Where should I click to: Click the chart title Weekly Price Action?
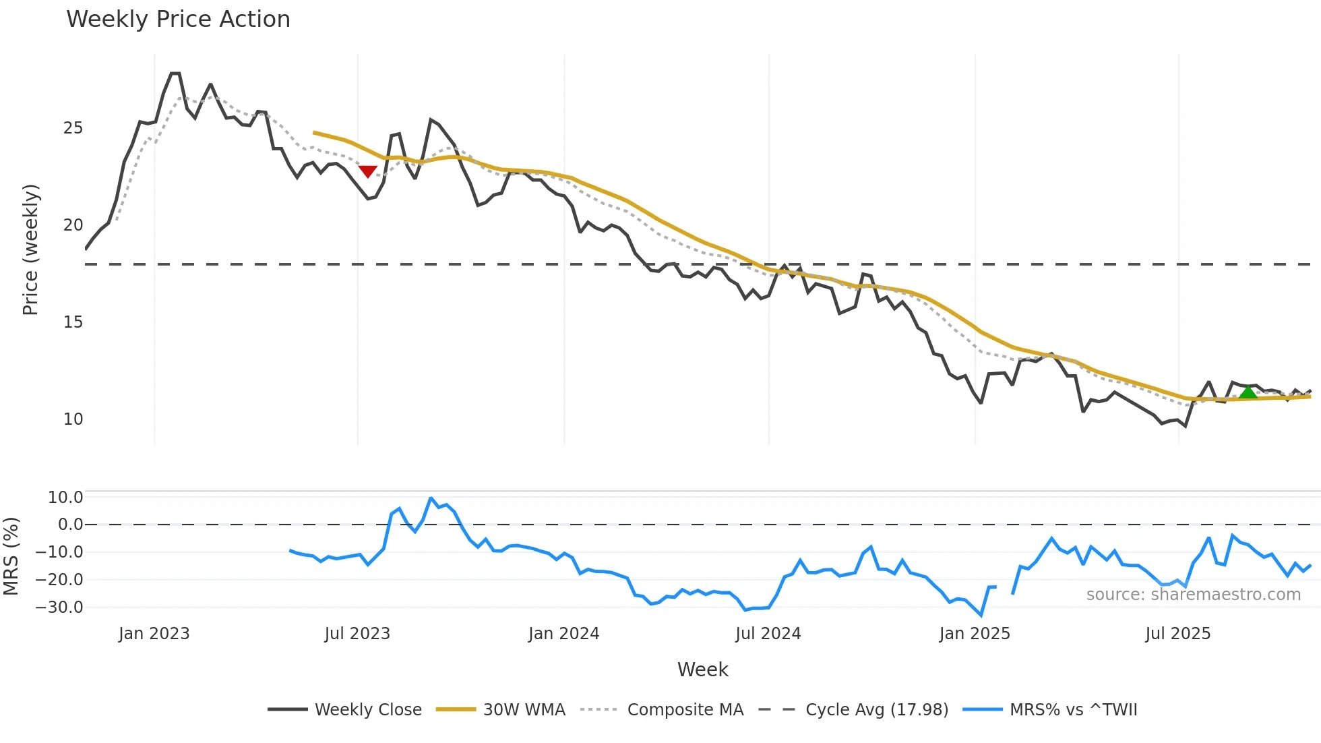[178, 20]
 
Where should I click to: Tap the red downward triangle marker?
[367, 171]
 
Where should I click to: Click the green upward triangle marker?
[1248, 392]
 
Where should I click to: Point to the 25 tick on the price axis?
[73, 128]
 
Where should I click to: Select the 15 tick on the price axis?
[73, 322]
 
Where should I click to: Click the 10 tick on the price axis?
[73, 419]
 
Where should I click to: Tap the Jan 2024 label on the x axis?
[563, 634]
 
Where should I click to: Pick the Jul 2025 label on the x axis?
[1177, 634]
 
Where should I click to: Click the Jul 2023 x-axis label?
[357, 634]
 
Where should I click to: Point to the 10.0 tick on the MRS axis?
[65, 498]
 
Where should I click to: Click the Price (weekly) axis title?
[30, 249]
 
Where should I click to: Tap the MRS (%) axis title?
[11, 556]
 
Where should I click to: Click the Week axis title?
[702, 670]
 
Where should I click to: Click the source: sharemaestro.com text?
[1193, 595]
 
